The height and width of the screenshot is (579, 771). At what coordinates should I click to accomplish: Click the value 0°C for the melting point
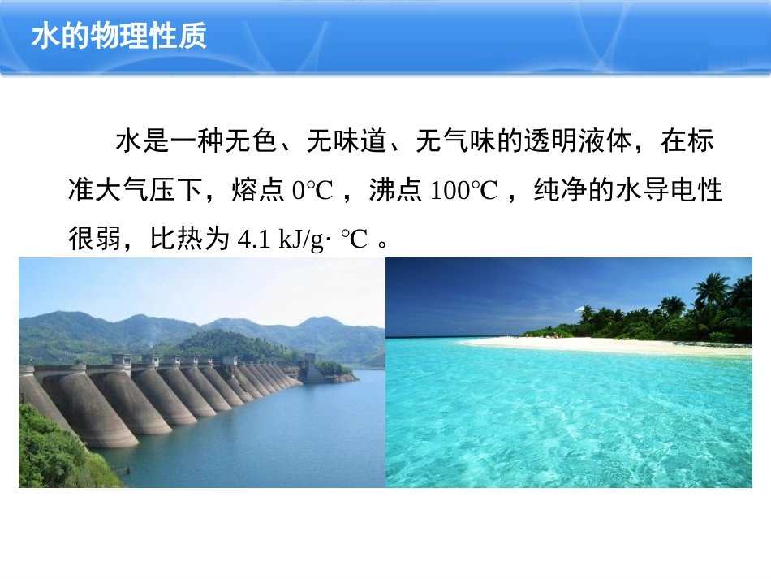(x=312, y=191)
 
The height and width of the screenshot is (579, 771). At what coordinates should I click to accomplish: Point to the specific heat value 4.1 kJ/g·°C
(x=303, y=240)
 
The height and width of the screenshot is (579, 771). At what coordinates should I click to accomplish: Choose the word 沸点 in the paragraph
(x=395, y=191)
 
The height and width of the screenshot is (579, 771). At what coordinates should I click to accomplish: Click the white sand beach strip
(x=601, y=345)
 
